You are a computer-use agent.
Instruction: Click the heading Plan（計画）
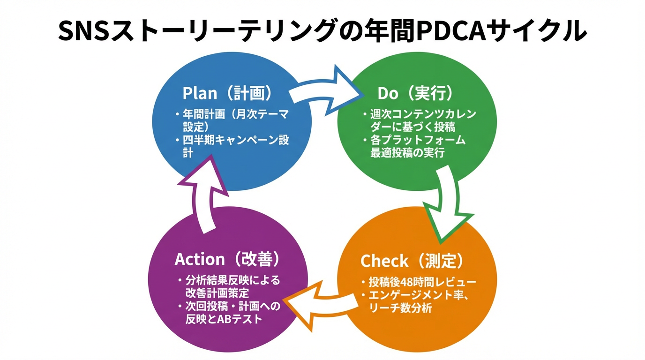coord(227,93)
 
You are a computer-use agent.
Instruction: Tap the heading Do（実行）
coord(415,93)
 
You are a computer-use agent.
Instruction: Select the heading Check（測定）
coord(412,261)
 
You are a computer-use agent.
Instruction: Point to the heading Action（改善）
coord(227,259)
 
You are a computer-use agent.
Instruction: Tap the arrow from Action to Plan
coord(204,192)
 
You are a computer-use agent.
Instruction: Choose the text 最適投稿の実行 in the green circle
coord(407,153)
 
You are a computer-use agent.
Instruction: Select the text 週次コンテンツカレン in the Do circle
coord(423,114)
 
